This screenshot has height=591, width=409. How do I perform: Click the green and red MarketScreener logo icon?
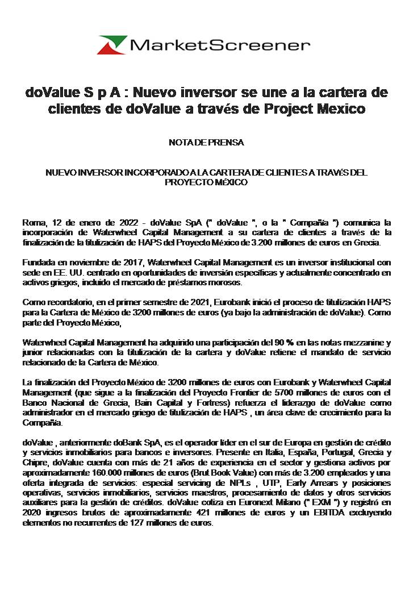[x=112, y=45]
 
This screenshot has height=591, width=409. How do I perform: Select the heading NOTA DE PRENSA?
[x=206, y=143]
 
